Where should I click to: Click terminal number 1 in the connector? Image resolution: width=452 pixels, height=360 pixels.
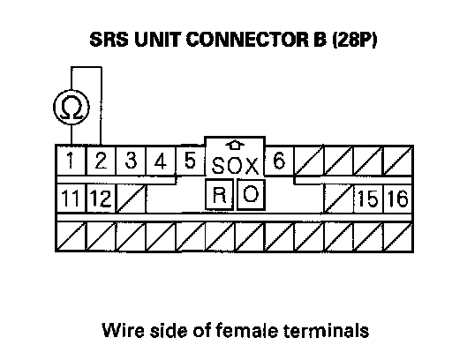(x=71, y=161)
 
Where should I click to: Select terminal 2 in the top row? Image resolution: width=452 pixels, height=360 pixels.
(x=101, y=161)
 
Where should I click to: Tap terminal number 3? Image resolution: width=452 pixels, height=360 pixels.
(x=131, y=161)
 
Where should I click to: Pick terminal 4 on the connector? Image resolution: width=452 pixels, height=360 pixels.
(x=161, y=161)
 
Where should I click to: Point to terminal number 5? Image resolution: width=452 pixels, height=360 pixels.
(x=190, y=161)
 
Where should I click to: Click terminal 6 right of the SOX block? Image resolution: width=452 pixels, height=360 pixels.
(x=279, y=161)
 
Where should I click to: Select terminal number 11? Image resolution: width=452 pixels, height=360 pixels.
(x=70, y=198)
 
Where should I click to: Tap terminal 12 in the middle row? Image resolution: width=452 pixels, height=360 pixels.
(x=101, y=198)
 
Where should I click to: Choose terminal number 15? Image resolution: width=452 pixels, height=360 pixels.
(x=368, y=198)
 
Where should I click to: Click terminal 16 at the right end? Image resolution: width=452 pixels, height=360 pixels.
(x=398, y=198)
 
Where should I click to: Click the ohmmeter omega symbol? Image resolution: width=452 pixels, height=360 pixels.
(x=72, y=108)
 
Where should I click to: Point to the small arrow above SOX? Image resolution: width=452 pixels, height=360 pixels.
(x=235, y=145)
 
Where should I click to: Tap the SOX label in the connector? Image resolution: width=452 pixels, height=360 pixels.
(x=235, y=166)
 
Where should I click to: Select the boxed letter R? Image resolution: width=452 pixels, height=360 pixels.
(x=220, y=194)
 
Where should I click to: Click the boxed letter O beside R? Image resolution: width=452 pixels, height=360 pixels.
(x=251, y=194)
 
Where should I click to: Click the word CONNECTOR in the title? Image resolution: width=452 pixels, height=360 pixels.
(x=247, y=40)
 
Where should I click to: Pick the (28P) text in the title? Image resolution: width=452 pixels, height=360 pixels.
(x=355, y=40)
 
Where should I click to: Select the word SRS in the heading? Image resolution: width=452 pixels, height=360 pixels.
(x=109, y=40)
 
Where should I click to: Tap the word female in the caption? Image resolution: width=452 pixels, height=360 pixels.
(x=247, y=330)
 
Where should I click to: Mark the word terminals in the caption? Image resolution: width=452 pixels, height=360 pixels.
(x=326, y=330)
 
